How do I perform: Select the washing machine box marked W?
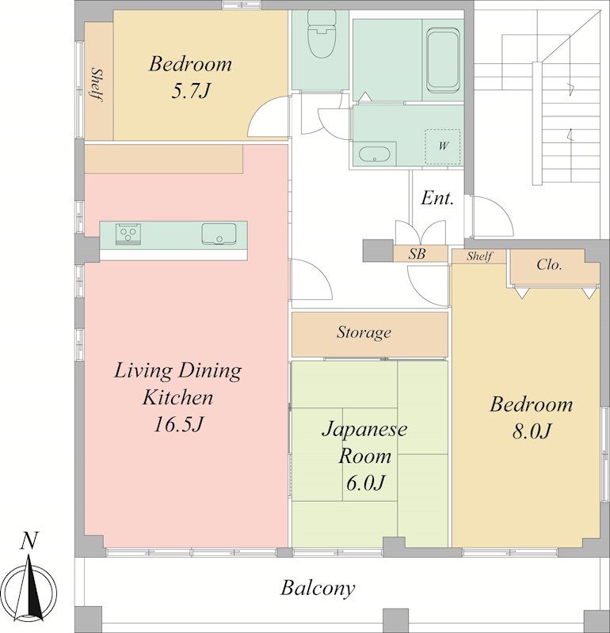click(x=443, y=146)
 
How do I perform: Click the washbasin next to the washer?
click(x=375, y=154)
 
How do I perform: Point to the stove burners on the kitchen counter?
click(x=128, y=233)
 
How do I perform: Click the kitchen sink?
click(x=219, y=233)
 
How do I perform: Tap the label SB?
click(x=417, y=254)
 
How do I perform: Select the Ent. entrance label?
click(x=437, y=199)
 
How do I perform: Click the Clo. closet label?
click(x=549, y=265)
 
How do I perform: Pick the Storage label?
click(x=364, y=332)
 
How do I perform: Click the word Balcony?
click(x=318, y=589)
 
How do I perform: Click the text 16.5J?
click(x=177, y=424)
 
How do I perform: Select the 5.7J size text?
click(x=190, y=91)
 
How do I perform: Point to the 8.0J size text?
click(x=531, y=431)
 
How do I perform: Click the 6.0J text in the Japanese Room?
click(x=365, y=483)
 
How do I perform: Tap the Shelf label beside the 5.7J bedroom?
click(x=97, y=85)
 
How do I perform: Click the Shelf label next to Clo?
click(x=479, y=256)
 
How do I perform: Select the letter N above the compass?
click(x=29, y=541)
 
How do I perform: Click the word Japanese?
click(x=364, y=429)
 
